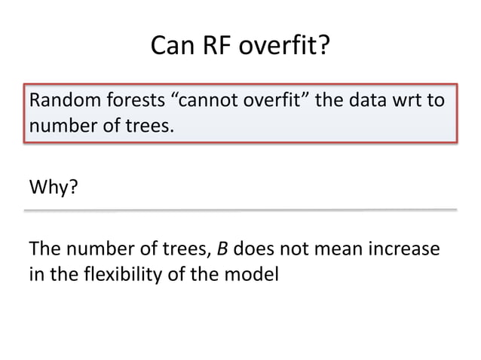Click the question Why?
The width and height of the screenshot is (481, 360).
52,185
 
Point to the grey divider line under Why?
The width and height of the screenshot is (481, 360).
240,210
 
